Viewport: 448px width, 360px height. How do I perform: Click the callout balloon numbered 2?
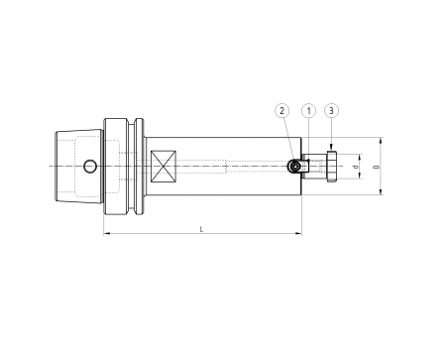pos(281,111)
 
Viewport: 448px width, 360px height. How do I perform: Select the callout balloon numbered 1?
pos(309,111)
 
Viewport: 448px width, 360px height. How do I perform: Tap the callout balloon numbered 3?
pos(332,111)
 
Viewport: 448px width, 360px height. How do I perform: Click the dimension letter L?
pos(202,229)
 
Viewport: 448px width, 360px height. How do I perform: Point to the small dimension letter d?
pos(356,167)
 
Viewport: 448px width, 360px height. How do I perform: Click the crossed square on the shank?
pos(164,167)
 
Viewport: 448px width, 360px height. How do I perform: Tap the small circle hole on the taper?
pos(89,166)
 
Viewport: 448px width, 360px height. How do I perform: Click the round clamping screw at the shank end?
pos(293,166)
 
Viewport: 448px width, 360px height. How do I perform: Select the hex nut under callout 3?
pos(332,166)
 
